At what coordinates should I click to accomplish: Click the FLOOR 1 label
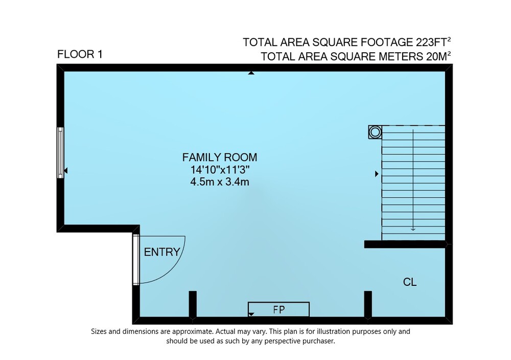tap(80, 54)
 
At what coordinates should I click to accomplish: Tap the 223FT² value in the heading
tap(433, 42)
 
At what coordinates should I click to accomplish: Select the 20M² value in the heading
tap(438, 56)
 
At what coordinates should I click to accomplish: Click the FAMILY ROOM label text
tap(220, 157)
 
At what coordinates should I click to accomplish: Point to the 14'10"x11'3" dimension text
tap(220, 170)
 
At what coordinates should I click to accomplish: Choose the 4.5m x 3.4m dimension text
tap(220, 182)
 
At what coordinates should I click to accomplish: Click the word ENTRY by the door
tap(162, 252)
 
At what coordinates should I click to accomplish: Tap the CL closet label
tap(410, 282)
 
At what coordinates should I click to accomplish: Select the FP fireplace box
tap(278, 309)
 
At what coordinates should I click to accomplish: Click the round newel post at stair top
tap(375, 132)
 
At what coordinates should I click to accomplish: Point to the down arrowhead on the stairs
tap(413, 229)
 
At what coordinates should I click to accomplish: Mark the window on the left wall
tap(60, 152)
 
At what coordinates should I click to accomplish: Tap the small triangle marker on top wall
tap(251, 73)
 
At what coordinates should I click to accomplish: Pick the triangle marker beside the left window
tap(66, 171)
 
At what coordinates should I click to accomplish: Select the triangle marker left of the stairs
tap(377, 174)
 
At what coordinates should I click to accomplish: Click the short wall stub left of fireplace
tap(193, 304)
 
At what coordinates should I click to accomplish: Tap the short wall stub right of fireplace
tap(368, 304)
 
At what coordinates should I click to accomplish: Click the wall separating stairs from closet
tap(405, 244)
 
